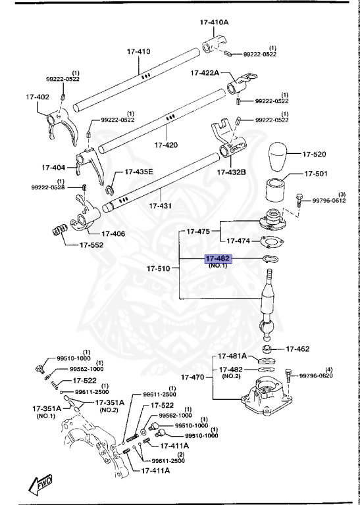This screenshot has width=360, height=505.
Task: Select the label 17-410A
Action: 214,22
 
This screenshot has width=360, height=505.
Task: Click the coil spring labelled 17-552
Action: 61,232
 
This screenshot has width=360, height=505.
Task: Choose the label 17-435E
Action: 139,172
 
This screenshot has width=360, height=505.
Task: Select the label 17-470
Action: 192,378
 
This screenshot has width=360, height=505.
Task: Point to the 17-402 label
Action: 38,97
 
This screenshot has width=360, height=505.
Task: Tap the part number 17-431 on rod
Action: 160,206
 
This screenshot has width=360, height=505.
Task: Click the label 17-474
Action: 234,241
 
